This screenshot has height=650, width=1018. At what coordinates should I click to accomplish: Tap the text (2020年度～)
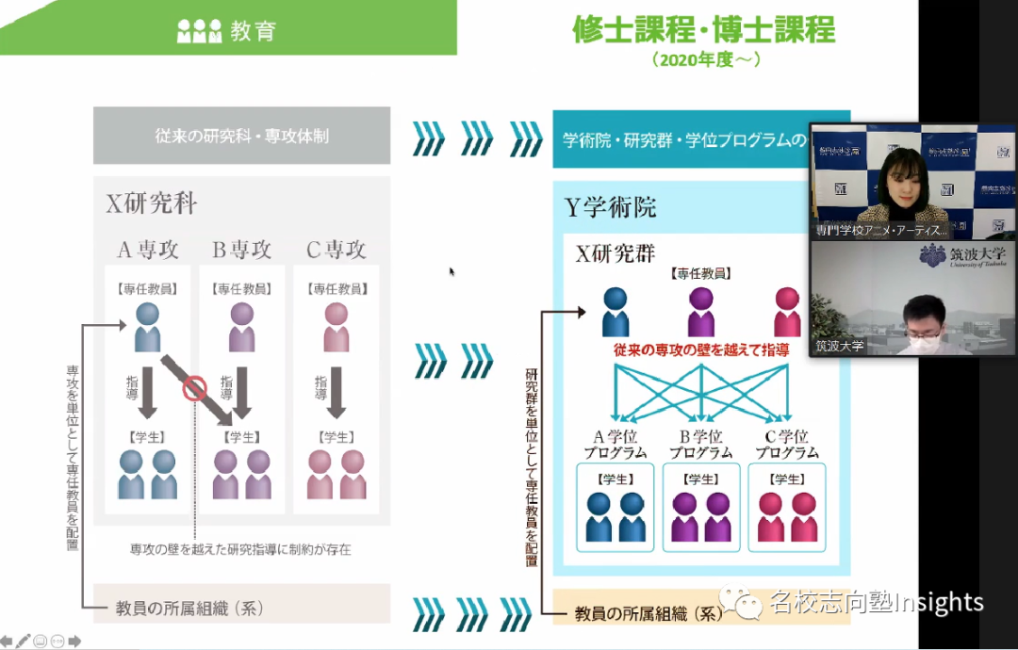click(705, 59)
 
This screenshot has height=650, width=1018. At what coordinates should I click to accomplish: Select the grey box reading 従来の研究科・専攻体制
click(241, 136)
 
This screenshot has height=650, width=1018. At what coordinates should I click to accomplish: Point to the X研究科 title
click(152, 203)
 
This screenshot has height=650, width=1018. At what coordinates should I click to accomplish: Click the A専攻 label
click(147, 250)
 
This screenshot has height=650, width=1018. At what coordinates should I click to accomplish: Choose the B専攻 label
click(241, 250)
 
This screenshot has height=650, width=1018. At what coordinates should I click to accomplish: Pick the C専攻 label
click(337, 250)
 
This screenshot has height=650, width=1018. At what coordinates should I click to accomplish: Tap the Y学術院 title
click(611, 207)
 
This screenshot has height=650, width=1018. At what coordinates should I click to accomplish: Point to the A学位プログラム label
click(616, 444)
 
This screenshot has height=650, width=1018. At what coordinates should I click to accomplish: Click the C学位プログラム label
click(787, 444)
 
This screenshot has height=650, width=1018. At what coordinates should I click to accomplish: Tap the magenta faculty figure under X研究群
click(787, 311)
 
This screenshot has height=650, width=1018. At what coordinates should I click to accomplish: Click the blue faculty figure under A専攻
click(148, 326)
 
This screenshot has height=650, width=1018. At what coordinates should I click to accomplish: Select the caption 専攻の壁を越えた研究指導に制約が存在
click(240, 548)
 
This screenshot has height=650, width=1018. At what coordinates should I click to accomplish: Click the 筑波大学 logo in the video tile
click(961, 256)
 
